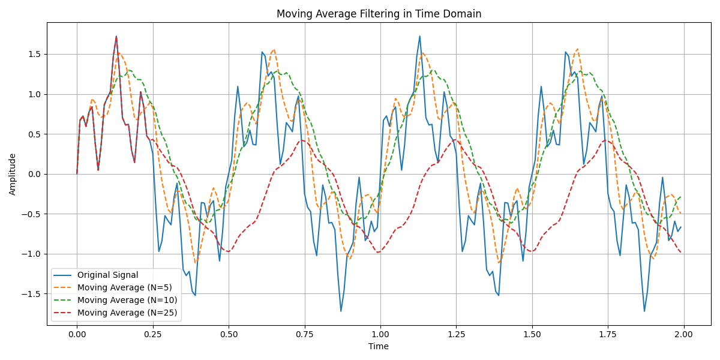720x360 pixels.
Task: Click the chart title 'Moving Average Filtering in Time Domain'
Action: click(379, 14)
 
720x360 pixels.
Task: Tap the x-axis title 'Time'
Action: click(379, 346)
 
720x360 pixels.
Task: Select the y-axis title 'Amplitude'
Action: click(13, 174)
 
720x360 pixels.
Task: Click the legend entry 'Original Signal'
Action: click(107, 275)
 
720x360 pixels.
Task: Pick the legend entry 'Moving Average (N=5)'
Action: click(124, 287)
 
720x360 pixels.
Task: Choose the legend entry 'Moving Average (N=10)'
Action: click(127, 300)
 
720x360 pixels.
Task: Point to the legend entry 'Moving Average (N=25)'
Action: click(127, 312)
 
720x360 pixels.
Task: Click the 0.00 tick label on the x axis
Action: click(77, 334)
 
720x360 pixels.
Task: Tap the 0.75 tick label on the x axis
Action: click(304, 334)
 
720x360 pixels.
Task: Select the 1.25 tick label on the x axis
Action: click(456, 334)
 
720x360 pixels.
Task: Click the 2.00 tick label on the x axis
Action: click(683, 334)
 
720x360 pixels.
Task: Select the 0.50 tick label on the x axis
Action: click(229, 334)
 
